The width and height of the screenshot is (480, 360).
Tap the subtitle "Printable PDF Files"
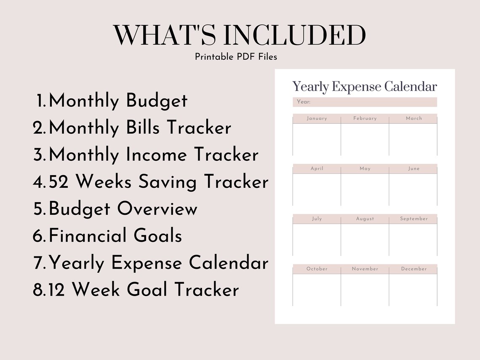[236, 56]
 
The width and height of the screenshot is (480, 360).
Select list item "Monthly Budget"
[118, 101]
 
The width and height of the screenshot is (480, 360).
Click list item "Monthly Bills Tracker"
[140, 128]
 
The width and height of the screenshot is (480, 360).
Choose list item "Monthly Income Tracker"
[154, 155]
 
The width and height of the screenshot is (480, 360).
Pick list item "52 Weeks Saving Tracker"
[158, 182]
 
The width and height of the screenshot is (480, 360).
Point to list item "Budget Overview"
[123, 209]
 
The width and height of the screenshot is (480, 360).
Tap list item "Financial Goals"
[115, 236]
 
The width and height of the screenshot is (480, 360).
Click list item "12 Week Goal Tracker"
[144, 290]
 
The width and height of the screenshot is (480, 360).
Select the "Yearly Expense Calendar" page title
[365, 87]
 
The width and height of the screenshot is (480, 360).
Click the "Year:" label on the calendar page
[304, 102]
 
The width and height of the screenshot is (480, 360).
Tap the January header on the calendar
[317, 118]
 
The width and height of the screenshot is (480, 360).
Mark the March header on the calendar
[413, 118]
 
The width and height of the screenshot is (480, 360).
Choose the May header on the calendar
[365, 168]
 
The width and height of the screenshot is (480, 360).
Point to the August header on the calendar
[365, 219]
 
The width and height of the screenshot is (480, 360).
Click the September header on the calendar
[413, 219]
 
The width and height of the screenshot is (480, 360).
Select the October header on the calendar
[317, 269]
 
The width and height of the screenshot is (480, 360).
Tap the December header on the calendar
[413, 269]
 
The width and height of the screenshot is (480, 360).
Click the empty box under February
[365, 139]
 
